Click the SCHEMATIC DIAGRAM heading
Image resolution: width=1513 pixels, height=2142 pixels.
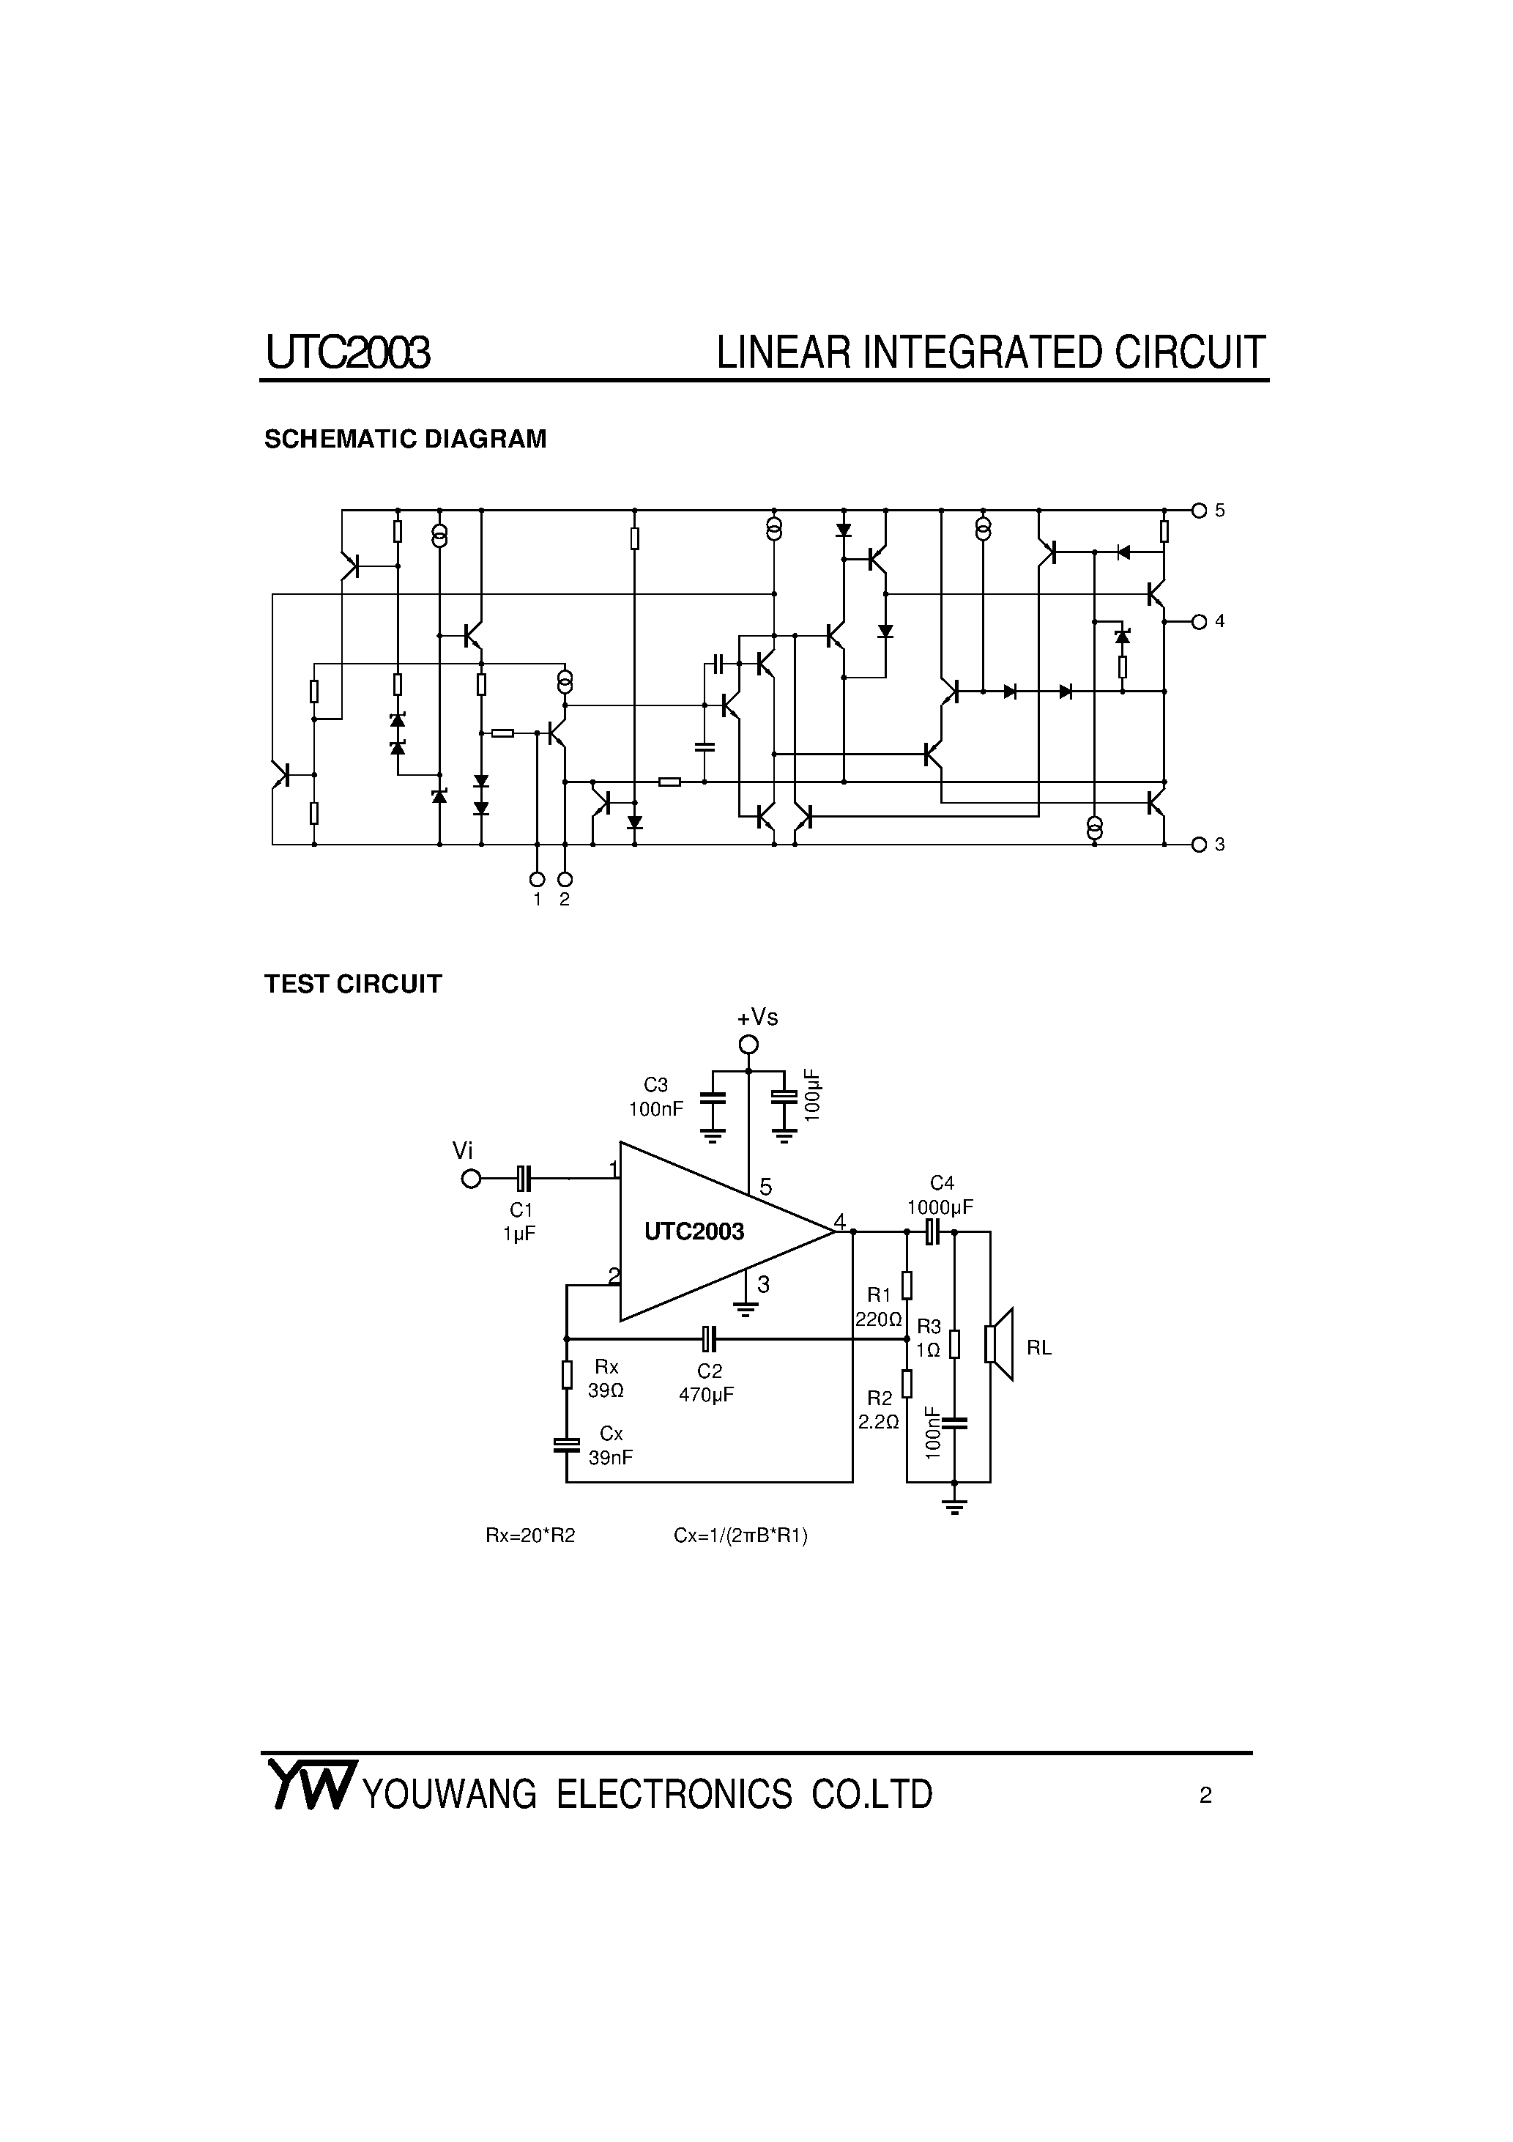pyautogui.click(x=405, y=440)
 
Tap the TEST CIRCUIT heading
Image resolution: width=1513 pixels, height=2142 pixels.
pyautogui.click(x=352, y=985)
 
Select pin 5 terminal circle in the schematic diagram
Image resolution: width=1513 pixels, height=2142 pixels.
pyautogui.click(x=1200, y=511)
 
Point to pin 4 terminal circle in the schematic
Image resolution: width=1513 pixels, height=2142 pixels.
pyautogui.click(x=1200, y=621)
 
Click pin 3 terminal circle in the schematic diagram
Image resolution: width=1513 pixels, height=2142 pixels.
pyautogui.click(x=1200, y=845)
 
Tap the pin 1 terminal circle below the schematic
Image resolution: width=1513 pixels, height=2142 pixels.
pyautogui.click(x=536, y=879)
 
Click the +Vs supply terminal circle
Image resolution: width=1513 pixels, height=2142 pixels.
pyautogui.click(x=748, y=1044)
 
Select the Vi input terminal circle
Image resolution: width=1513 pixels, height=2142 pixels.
pyautogui.click(x=471, y=1179)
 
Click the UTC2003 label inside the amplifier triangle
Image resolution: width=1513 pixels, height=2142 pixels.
pyautogui.click(x=694, y=1232)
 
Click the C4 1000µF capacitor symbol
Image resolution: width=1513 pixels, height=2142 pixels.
pyautogui.click(x=932, y=1231)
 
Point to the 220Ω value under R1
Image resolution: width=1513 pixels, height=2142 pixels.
pyautogui.click(x=879, y=1320)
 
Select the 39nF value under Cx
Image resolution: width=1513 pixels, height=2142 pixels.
pyautogui.click(x=610, y=1457)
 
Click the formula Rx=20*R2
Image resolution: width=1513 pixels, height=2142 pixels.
pyautogui.click(x=529, y=1535)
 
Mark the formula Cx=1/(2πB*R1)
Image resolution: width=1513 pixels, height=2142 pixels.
pyautogui.click(x=740, y=1535)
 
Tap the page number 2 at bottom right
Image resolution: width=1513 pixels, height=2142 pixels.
pyautogui.click(x=1205, y=1796)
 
